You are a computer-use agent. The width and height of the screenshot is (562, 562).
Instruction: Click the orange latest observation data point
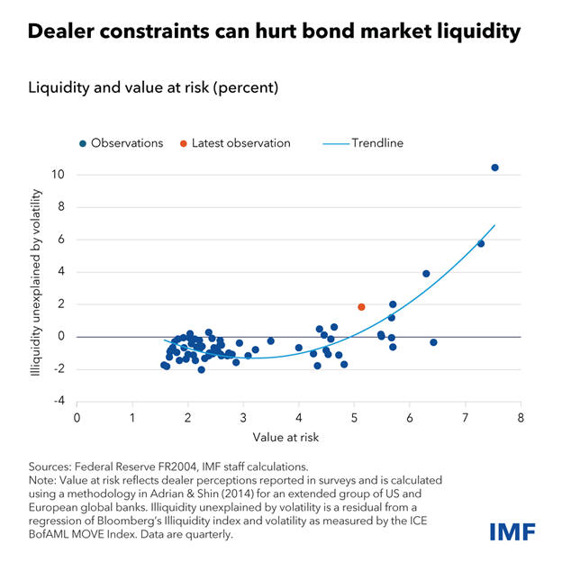pyautogui.click(x=361, y=307)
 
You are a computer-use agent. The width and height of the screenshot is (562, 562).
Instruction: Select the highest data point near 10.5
pyautogui.click(x=494, y=168)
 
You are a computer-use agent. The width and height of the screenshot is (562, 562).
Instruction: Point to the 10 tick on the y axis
pyautogui.click(x=59, y=175)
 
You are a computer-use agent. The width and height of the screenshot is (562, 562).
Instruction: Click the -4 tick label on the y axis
pyautogui.click(x=59, y=402)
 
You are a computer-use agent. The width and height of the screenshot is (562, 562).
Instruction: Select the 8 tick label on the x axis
pyautogui.click(x=521, y=420)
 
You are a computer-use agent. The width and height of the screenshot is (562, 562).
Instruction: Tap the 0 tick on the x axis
pyautogui.click(x=77, y=420)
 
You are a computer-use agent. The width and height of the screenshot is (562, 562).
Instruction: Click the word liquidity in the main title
pyautogui.click(x=478, y=32)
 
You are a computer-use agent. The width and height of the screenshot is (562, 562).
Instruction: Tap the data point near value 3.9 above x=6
pyautogui.click(x=426, y=274)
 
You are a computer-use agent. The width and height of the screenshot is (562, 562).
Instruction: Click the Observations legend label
pyautogui.click(x=126, y=143)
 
